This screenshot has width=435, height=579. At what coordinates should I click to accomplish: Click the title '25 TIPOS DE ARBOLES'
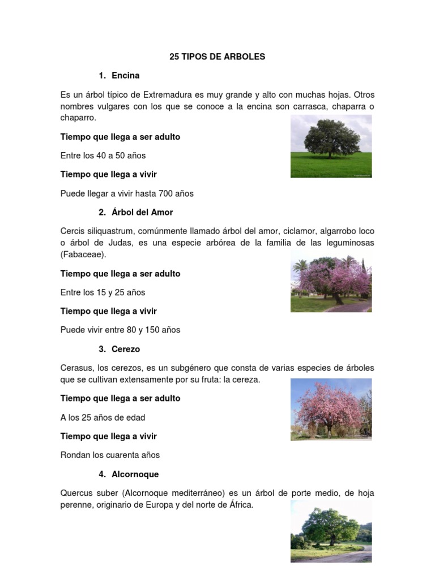pos(217,57)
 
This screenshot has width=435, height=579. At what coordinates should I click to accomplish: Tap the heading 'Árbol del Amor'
pos(142,213)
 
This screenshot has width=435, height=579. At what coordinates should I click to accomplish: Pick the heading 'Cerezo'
pos(126,349)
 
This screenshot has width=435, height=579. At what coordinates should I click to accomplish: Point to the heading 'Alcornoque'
pos(135,474)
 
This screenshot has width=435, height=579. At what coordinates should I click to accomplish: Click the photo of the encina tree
pos(331,146)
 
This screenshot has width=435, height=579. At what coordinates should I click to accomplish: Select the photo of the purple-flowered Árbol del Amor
pos(331,283)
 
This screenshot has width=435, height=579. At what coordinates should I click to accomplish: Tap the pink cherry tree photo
pos(331,409)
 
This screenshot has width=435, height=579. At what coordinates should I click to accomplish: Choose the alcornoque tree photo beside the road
pos(331,532)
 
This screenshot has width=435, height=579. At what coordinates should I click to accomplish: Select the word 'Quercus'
pos(76,493)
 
